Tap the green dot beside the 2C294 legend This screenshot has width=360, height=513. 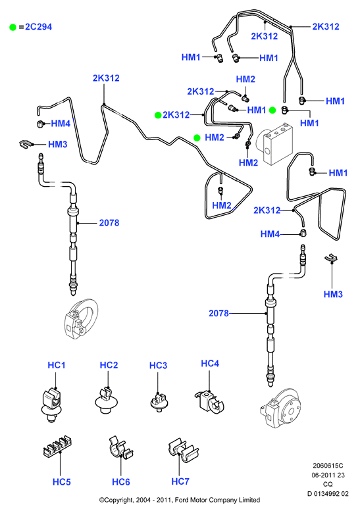click(x=13, y=27)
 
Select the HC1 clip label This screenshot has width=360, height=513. click(x=57, y=365)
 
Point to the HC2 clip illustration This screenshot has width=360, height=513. click(x=106, y=400)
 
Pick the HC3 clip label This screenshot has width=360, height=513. click(x=158, y=366)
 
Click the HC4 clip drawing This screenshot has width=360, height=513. click(x=209, y=402)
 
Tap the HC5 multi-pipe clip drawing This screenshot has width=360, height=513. click(x=58, y=446)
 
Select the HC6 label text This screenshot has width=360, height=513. click(x=120, y=482)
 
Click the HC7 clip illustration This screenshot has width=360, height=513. click(x=183, y=451)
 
